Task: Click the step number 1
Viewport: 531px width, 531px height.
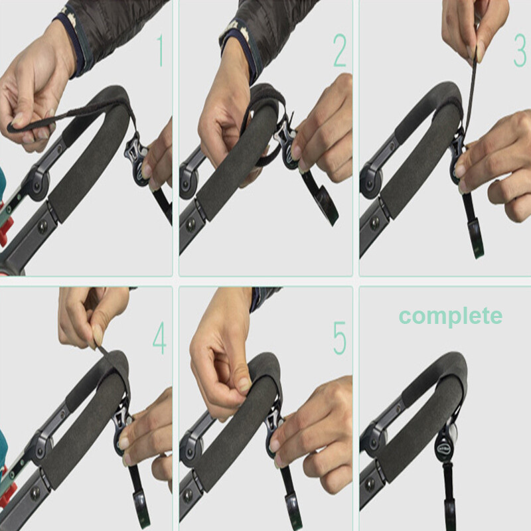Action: pos(160,51)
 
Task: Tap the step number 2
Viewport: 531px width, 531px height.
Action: pos(340,51)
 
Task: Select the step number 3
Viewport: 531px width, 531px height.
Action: pos(520,51)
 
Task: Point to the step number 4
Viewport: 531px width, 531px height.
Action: pos(159,338)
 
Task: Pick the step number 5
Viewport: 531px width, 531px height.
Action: pos(340,338)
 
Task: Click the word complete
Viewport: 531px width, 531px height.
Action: pos(451,317)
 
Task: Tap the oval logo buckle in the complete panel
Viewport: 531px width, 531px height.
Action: pos(445,447)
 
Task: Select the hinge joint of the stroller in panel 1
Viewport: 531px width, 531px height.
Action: pos(38,184)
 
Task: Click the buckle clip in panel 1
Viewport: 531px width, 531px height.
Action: pos(137,160)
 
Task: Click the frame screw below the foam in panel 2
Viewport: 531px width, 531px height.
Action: pos(190,224)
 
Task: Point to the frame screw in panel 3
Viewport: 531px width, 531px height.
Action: pos(375,222)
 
